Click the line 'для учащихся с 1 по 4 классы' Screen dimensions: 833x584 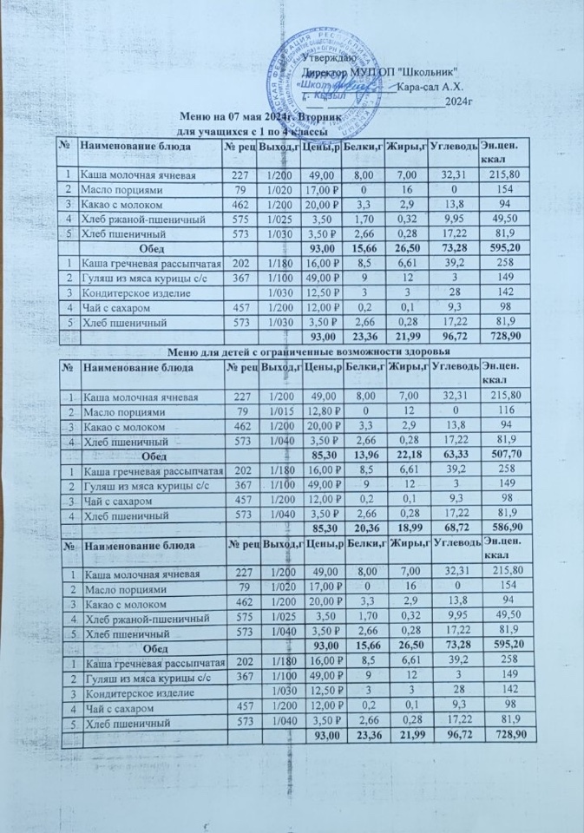click(246, 130)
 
